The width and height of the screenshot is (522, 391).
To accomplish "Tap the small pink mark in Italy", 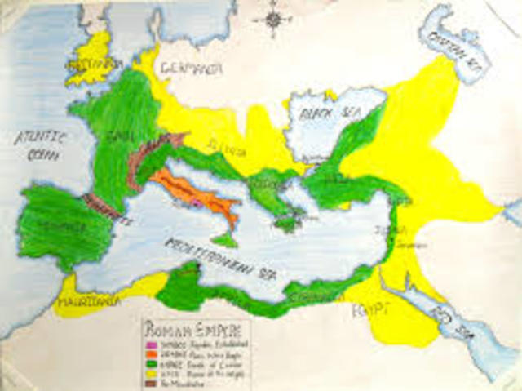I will (x=196, y=202).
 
